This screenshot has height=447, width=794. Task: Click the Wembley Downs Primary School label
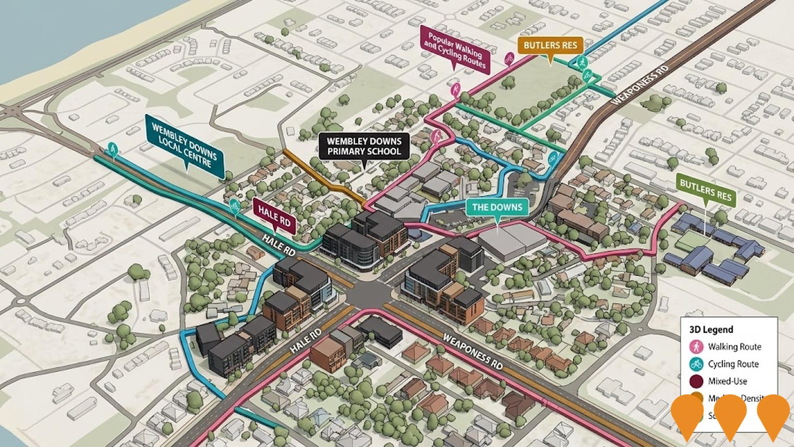point(364,146)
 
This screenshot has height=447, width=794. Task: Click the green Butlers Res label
point(706,191)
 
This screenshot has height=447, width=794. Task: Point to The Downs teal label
point(497,207)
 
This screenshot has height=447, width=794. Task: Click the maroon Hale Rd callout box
point(274,216)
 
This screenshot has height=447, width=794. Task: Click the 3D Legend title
point(711,329)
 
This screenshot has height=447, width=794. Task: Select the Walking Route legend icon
point(697,346)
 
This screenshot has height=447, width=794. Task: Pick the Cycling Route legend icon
point(697,364)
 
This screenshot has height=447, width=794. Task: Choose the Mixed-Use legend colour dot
point(697,381)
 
